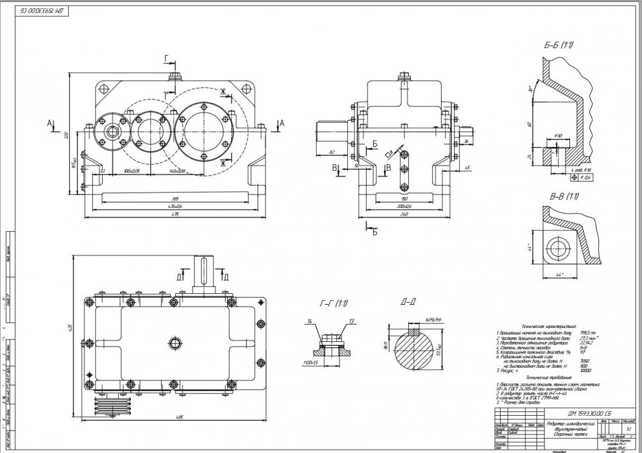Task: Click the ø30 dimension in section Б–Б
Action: (x=558, y=136)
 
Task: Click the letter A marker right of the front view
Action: (x=281, y=122)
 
